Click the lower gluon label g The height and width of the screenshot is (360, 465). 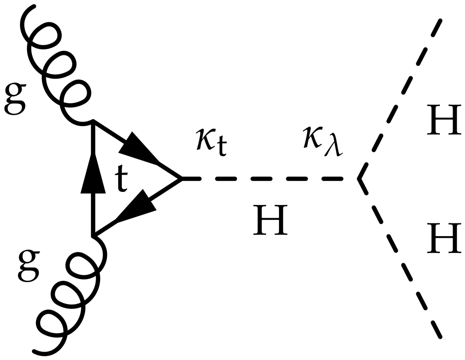point(29,265)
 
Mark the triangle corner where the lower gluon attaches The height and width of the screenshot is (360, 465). point(93,236)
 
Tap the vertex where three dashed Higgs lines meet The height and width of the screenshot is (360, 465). point(358,179)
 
